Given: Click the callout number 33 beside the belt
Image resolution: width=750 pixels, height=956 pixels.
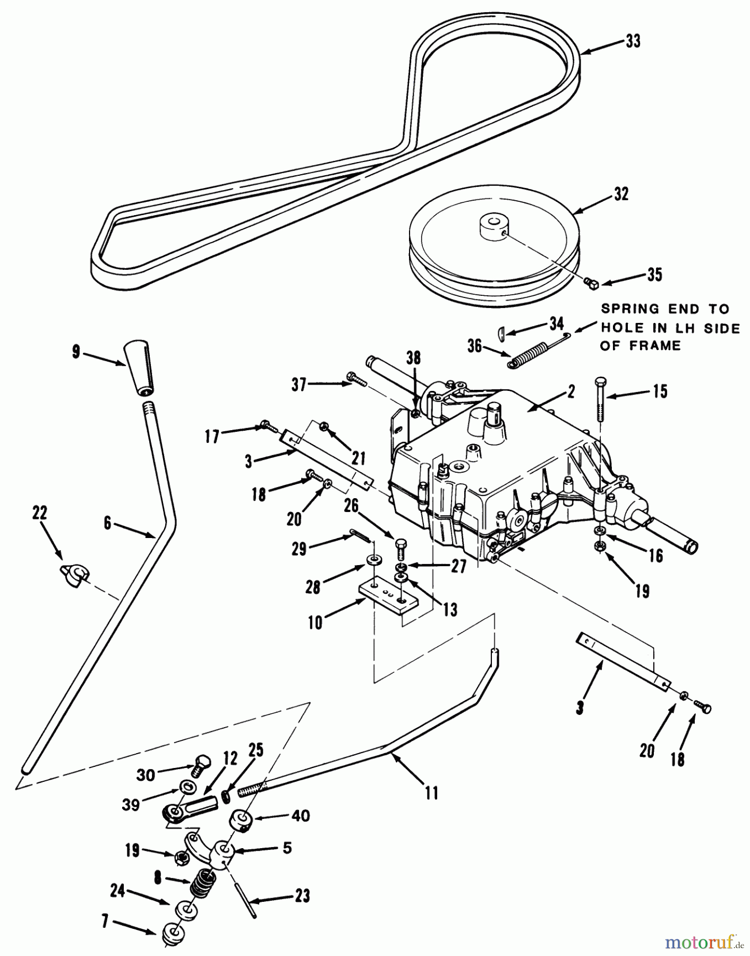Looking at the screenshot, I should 633,41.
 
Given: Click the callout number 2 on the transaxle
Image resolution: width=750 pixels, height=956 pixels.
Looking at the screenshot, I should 571,391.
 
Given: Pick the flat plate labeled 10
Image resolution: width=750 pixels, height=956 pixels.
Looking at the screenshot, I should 388,596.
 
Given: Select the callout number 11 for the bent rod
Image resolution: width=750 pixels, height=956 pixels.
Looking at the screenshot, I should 431,793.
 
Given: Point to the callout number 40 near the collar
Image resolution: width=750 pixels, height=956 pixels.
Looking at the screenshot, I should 301,815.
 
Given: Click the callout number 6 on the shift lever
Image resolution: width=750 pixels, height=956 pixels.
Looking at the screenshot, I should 107,523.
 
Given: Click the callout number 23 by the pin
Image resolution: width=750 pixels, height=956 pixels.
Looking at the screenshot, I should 302,897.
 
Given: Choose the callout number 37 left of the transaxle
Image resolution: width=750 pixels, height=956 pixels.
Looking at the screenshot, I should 299,384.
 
